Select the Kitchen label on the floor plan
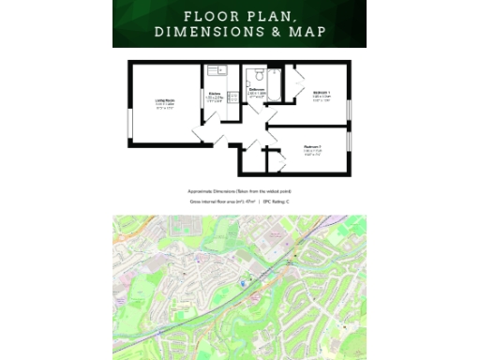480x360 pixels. [x=214, y=94]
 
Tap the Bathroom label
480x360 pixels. [x=257, y=90]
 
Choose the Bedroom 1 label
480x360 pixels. [x=321, y=94]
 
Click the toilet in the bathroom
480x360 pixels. [x=258, y=74]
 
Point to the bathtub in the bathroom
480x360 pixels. [x=275, y=79]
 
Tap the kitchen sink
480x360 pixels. [x=214, y=68]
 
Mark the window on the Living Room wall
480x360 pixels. [x=129, y=122]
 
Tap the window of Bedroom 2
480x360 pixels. [x=350, y=141]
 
